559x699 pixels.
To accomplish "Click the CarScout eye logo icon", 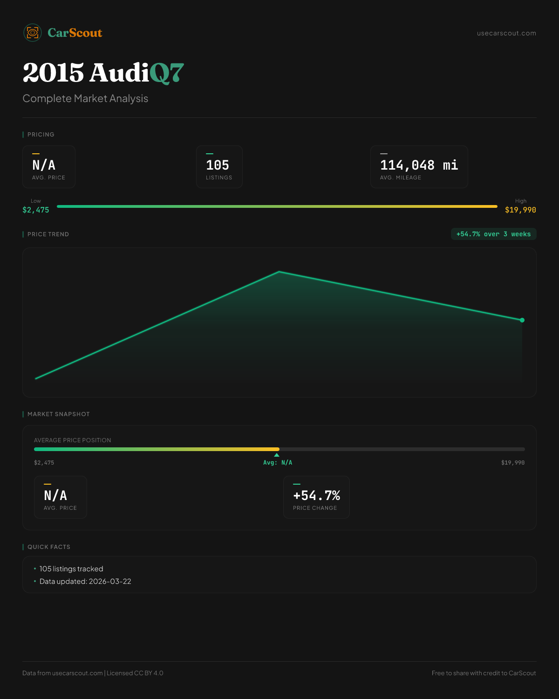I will pyautogui.click(x=33, y=33).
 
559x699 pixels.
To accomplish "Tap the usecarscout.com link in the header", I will pyautogui.click(x=506, y=33).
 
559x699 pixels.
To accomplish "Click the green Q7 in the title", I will pyautogui.click(x=167, y=73).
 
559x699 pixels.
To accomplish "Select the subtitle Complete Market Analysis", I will pyautogui.click(x=85, y=99).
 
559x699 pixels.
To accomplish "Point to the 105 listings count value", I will pyautogui.click(x=218, y=165).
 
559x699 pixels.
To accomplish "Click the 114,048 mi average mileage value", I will pyautogui.click(x=419, y=165).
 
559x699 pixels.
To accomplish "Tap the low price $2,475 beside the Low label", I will pyautogui.click(x=36, y=210).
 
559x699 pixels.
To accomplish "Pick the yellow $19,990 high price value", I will pyautogui.click(x=520, y=210).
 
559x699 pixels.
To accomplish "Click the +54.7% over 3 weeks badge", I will pyautogui.click(x=493, y=234).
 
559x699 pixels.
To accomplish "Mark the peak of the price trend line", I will pyautogui.click(x=279, y=272).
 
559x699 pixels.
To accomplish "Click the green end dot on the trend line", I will pyautogui.click(x=522, y=320).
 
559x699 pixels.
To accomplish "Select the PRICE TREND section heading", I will pyautogui.click(x=48, y=234).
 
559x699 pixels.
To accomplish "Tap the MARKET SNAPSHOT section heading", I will pyautogui.click(x=58, y=414).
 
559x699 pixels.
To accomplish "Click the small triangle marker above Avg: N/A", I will pyautogui.click(x=277, y=455).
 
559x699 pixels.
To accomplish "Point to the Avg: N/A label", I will pyautogui.click(x=278, y=463).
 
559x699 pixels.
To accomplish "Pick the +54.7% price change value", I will pyautogui.click(x=316, y=496).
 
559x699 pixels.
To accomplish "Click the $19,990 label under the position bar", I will pyautogui.click(x=513, y=463).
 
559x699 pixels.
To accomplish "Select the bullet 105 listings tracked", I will pyautogui.click(x=71, y=569).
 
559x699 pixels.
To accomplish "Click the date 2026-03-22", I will pyautogui.click(x=110, y=582).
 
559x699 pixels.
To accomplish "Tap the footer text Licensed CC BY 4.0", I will pyautogui.click(x=135, y=673).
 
